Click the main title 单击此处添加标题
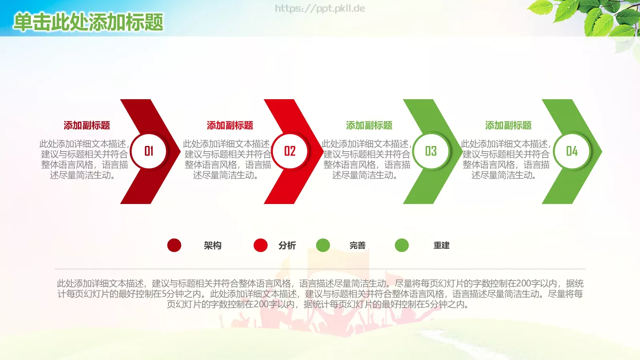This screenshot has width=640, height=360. click(x=88, y=22)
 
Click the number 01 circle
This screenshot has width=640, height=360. click(x=149, y=151)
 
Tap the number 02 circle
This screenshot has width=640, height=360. click(x=290, y=151)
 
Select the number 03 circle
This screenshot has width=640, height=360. click(x=431, y=151)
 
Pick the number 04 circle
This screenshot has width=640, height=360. click(x=572, y=151)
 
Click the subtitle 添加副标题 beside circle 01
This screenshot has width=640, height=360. click(x=87, y=126)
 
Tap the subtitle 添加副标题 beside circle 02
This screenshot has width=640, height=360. click(x=230, y=126)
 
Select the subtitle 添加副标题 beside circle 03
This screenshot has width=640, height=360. click(x=369, y=126)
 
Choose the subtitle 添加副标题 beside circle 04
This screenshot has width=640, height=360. click(x=508, y=126)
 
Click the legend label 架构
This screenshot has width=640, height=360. click(x=212, y=246)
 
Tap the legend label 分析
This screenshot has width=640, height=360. click(x=287, y=246)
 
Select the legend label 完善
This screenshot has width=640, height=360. click(x=358, y=246)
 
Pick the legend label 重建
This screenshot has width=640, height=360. click(x=442, y=246)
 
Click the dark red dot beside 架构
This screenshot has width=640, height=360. click(x=174, y=245)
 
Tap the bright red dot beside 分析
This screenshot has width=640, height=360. click(x=260, y=245)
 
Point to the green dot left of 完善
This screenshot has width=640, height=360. click(x=323, y=245)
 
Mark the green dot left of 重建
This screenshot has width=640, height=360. click(x=402, y=245)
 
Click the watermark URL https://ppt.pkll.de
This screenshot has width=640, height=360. click(x=320, y=8)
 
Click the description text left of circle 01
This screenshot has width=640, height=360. click(x=84, y=159)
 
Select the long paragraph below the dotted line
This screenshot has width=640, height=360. click(x=320, y=294)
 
